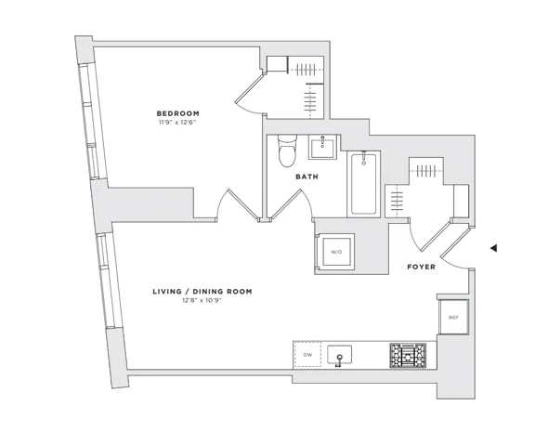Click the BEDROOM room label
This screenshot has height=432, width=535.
point(177,113)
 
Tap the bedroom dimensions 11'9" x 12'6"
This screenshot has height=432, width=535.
point(177,122)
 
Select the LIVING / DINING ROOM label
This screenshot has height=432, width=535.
point(202,292)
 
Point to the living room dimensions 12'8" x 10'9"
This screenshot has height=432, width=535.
point(202,301)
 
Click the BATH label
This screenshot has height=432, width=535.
point(307,177)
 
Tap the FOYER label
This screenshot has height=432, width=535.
point(422,267)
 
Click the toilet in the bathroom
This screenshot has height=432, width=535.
point(287,151)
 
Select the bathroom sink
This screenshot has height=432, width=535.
point(322,147)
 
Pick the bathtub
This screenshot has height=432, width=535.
point(364,184)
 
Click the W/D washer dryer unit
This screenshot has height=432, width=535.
point(336,252)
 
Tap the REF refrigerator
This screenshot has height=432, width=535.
point(453,318)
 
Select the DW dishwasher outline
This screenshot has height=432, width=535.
point(307,355)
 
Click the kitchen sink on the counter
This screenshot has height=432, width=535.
point(340,355)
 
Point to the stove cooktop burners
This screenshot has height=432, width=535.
point(408,356)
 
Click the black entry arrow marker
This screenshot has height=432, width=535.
point(493,248)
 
